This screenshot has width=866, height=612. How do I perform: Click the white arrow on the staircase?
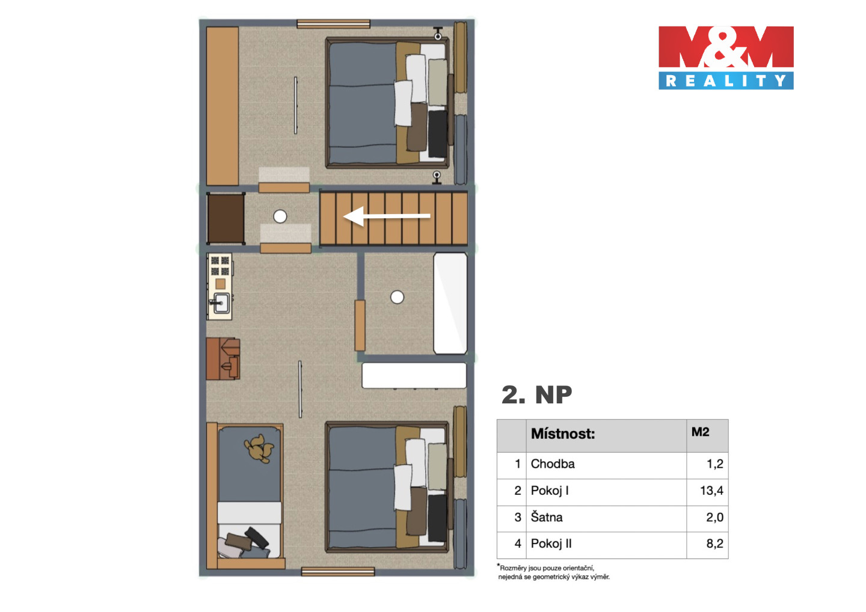[x=387, y=216]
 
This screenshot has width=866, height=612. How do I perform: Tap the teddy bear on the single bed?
[x=259, y=448]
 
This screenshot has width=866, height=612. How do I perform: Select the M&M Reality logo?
[x=726, y=58]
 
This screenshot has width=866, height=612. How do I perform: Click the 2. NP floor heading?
[x=536, y=395]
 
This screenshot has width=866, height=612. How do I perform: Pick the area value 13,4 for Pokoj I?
[x=711, y=491]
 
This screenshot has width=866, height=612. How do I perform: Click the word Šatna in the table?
[x=546, y=517]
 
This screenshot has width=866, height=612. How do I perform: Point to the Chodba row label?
[x=553, y=464]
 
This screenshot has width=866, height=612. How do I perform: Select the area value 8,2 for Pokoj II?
[x=714, y=543]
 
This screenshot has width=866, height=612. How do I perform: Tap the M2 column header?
[x=700, y=432]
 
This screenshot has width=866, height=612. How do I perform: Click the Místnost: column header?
[x=562, y=434]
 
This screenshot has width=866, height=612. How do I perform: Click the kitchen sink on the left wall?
[x=221, y=303]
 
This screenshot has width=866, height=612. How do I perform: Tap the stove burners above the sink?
[x=220, y=266]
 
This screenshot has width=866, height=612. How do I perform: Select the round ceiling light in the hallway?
[x=280, y=216]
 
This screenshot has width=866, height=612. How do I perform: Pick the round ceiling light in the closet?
[x=397, y=297]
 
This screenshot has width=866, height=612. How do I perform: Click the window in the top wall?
[x=333, y=24]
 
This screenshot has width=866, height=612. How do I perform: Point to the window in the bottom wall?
[x=338, y=572]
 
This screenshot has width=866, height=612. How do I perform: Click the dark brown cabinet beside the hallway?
[x=226, y=219]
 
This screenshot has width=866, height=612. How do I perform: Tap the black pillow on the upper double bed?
[x=437, y=133]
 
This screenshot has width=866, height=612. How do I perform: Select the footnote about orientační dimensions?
[x=553, y=572]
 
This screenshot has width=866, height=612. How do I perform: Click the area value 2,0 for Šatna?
[x=714, y=517]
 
